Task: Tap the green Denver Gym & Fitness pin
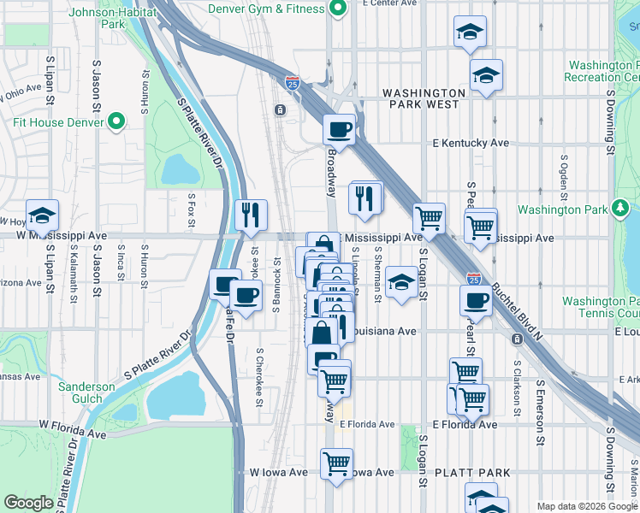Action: click(338, 10)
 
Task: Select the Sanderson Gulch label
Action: click(86, 392)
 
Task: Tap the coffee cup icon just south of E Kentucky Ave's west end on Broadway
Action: click(340, 130)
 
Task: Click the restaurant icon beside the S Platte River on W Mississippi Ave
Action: click(251, 215)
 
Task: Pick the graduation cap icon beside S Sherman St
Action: click(400, 282)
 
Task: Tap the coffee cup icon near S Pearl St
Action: click(476, 300)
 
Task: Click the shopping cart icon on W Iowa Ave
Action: click(336, 464)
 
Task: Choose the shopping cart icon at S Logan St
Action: click(429, 218)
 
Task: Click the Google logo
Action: click(28, 503)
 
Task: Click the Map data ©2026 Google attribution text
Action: click(586, 506)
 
